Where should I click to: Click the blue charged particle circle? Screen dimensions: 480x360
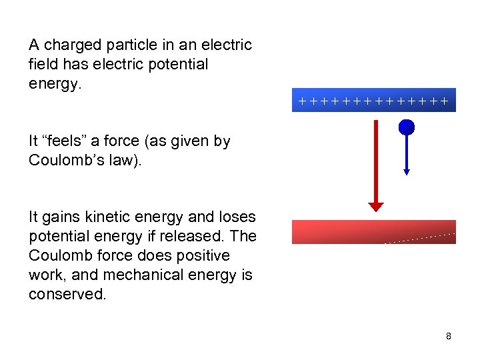pos(407,127)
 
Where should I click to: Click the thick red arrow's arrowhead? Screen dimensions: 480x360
pos(377,206)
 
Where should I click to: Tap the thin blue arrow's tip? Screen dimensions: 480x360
pos(407,172)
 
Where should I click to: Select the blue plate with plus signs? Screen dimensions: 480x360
pos(374,101)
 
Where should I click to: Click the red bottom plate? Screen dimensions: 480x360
pos(374,231)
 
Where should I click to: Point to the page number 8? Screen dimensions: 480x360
pos(449,336)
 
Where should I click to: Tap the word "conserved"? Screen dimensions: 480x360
pos(67,295)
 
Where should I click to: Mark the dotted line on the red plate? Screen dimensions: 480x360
pos(420,238)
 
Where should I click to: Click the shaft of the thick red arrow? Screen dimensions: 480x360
pos(377,160)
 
